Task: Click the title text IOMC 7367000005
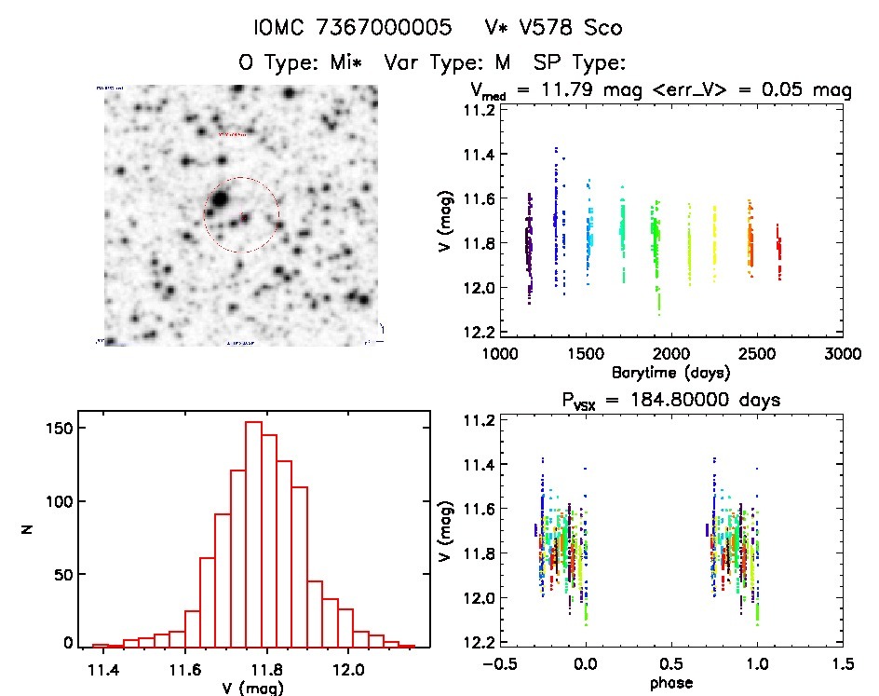tap(358, 28)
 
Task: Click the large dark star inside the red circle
tap(220, 198)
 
